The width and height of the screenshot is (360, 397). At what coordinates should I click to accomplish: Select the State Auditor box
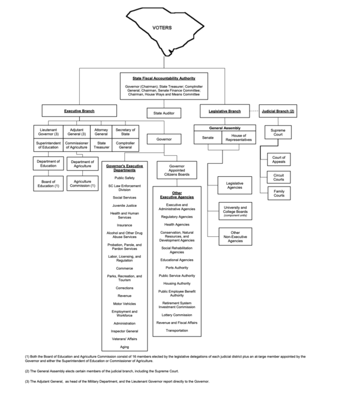[x=164, y=112]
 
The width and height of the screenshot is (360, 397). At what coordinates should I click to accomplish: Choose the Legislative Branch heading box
[x=224, y=111]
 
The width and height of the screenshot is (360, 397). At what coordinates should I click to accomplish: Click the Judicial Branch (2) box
[x=278, y=111]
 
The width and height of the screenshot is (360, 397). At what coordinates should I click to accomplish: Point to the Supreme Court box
[x=278, y=132]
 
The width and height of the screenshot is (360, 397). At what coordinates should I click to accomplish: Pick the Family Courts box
[x=278, y=193]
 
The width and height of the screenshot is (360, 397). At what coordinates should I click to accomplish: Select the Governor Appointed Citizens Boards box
[x=176, y=171]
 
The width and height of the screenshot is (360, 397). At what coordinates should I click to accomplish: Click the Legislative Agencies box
[x=235, y=185]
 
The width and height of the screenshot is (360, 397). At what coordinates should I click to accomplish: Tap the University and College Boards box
[x=235, y=210]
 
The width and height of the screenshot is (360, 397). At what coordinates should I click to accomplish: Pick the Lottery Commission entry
[x=176, y=314]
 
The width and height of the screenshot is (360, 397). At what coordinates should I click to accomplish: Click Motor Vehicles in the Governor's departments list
[x=125, y=303]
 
